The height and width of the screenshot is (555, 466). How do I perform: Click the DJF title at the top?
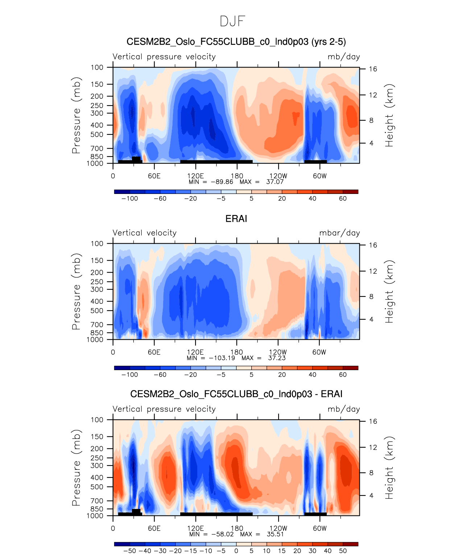click(x=232, y=21)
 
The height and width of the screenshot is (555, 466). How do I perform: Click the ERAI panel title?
click(x=236, y=219)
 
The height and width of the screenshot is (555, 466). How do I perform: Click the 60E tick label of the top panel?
click(x=154, y=176)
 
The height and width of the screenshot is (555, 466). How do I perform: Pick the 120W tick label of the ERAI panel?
click(x=278, y=352)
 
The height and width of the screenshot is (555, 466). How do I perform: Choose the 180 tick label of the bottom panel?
click(x=237, y=529)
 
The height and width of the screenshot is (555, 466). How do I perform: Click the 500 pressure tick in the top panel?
click(x=97, y=134)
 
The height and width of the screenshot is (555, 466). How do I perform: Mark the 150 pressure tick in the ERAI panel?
click(x=97, y=260)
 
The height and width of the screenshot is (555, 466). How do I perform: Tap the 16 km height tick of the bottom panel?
click(x=373, y=421)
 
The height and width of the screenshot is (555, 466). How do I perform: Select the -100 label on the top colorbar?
click(x=129, y=199)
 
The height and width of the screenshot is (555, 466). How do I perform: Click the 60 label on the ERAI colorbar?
click(x=343, y=375)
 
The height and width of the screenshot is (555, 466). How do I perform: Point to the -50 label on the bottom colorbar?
click(x=129, y=551)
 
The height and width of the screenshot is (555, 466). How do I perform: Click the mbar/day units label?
click(x=339, y=233)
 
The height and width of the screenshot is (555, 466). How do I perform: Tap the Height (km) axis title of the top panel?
click(x=389, y=115)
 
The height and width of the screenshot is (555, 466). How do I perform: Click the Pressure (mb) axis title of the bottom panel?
click(x=76, y=468)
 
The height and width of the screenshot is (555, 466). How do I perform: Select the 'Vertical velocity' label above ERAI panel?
click(x=144, y=233)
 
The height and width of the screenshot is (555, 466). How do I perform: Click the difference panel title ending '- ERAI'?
click(x=236, y=394)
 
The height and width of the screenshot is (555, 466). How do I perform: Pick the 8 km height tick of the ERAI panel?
click(x=371, y=297)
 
